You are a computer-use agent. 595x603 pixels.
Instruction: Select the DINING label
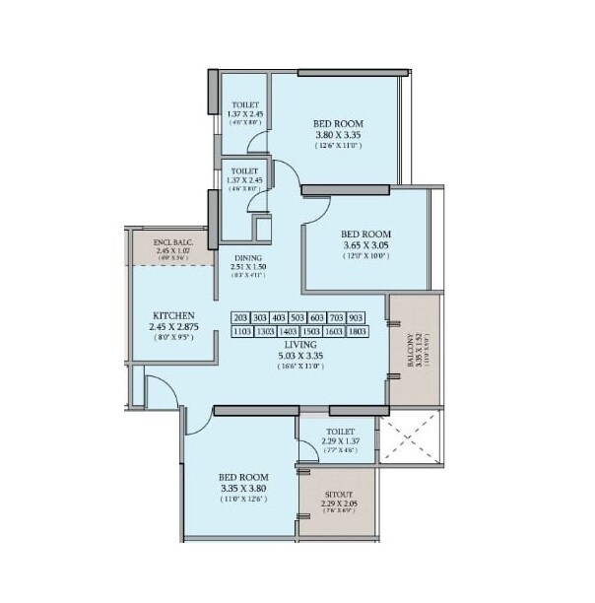click(248, 257)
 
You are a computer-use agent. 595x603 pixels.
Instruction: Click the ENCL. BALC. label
click(171, 241)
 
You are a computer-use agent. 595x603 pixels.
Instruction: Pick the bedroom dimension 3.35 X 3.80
click(242, 487)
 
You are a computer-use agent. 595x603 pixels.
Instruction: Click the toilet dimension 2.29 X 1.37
click(337, 441)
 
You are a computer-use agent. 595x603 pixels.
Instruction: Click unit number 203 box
click(240, 318)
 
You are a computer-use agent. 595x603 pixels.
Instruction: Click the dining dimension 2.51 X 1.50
click(248, 267)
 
